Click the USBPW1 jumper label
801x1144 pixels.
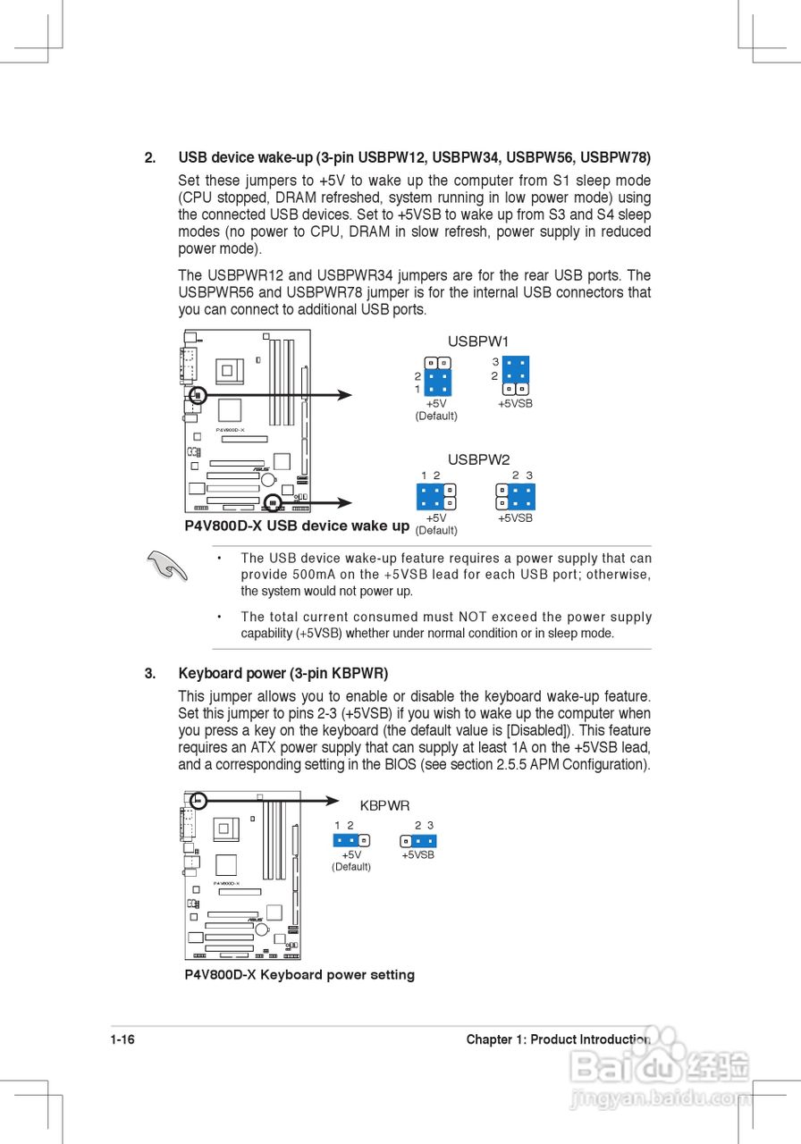[x=477, y=341]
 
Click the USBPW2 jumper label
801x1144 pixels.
[x=478, y=459]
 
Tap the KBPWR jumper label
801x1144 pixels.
[x=384, y=805]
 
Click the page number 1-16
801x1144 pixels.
[x=122, y=1039]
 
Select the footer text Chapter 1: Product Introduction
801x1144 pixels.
[x=558, y=1039]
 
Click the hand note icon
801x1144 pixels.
[x=167, y=566]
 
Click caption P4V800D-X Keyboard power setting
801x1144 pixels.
[x=299, y=974]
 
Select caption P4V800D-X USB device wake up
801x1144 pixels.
[x=297, y=526]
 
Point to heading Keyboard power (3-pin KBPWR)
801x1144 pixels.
[x=283, y=673]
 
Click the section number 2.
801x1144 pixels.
[x=149, y=157]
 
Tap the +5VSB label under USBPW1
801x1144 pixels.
[x=515, y=404]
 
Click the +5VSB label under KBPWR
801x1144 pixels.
[x=417, y=855]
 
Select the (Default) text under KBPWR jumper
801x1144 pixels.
[x=350, y=867]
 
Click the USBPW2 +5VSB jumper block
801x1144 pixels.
[x=515, y=496]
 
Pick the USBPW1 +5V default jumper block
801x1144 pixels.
[x=437, y=377]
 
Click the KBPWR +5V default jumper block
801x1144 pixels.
[x=351, y=840]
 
